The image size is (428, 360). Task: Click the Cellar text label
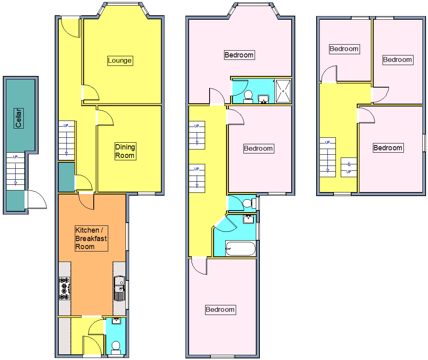(x=18, y=118)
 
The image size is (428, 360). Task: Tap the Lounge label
(x=119, y=61)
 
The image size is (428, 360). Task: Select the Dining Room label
(x=125, y=151)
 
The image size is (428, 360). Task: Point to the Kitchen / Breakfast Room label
(x=91, y=238)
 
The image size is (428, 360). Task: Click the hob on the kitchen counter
(x=64, y=288)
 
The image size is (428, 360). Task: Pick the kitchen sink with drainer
(x=119, y=288)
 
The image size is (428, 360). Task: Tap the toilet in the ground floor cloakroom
(x=116, y=347)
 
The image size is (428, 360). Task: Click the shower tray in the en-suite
(x=283, y=91)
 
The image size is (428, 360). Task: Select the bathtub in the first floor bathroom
(x=241, y=249)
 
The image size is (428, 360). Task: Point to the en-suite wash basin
(x=263, y=98)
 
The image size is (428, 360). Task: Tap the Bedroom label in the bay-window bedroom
(x=239, y=55)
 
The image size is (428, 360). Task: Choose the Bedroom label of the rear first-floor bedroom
(x=220, y=309)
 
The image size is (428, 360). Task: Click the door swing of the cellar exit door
(x=36, y=199)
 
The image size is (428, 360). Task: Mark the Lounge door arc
(x=92, y=93)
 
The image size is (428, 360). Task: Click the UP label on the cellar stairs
(x=15, y=157)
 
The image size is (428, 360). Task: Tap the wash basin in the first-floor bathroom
(x=248, y=219)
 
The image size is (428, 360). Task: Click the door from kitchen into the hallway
(x=86, y=201)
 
